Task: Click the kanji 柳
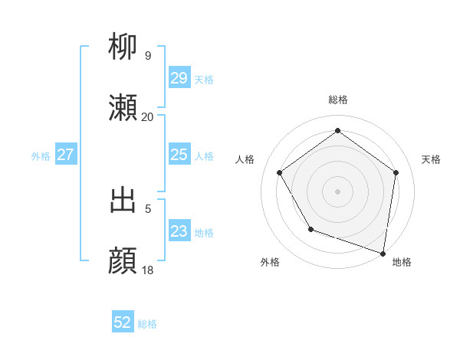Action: (123, 47)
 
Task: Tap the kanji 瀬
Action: (123, 108)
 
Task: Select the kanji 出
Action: (123, 200)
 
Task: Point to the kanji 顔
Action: (123, 260)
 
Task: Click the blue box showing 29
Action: (179, 78)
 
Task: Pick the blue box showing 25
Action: (179, 155)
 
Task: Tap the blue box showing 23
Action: (179, 231)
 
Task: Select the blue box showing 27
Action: (66, 155)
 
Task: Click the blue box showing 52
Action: (123, 323)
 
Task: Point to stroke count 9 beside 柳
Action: (148, 55)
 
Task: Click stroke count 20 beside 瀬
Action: (148, 116)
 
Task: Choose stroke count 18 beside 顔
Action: (148, 270)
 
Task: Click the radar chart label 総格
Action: (337, 100)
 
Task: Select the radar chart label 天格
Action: (431, 159)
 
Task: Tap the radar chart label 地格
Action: (402, 262)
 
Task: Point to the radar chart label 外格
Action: (270, 262)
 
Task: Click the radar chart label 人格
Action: (245, 159)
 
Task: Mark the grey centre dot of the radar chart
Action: (337, 191)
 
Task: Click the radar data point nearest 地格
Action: (383, 253)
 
